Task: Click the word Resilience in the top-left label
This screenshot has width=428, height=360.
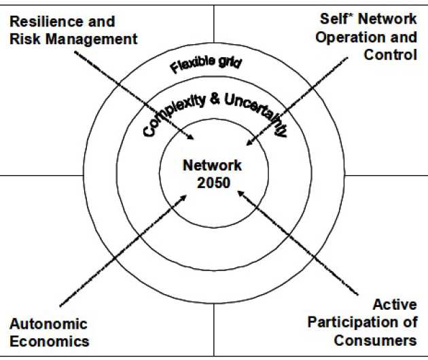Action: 42,22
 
